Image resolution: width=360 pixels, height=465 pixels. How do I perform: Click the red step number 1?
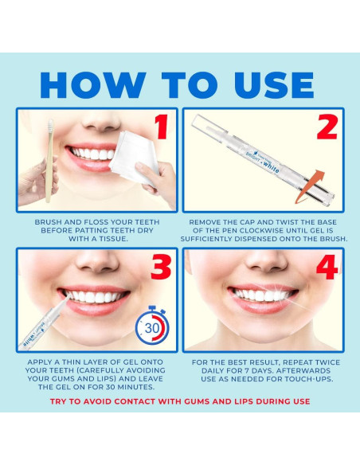point(162,127)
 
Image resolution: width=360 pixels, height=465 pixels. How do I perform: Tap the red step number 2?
point(327,127)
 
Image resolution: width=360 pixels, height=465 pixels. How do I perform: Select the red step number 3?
point(161,267)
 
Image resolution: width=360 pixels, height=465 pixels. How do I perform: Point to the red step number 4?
point(327,267)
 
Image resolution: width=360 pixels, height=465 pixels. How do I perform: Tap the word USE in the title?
point(273,85)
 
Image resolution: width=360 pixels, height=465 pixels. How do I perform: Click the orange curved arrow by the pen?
point(309,187)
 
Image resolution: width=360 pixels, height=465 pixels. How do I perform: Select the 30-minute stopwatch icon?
point(152,326)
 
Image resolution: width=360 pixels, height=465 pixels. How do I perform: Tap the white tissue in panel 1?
point(134,157)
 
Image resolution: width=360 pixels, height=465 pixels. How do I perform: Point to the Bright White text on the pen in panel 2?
point(263,162)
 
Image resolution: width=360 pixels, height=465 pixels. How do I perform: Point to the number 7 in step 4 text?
point(247,371)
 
